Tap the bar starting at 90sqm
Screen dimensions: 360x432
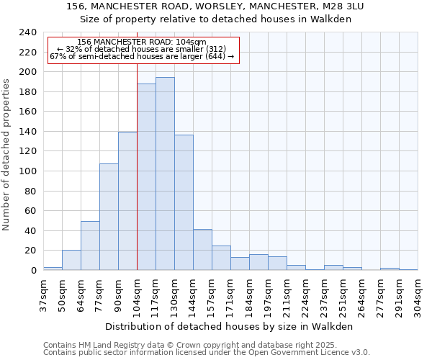coord(127,201)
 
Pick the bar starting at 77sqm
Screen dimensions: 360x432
coord(109,217)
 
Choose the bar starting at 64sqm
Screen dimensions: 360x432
coord(90,246)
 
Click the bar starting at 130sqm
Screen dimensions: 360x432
coord(184,202)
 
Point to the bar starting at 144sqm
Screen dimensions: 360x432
coord(202,249)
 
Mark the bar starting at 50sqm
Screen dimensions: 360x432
coord(71,260)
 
